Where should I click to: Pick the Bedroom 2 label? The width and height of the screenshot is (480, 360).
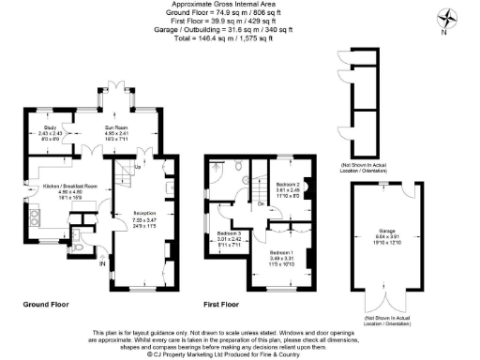tap(285, 185)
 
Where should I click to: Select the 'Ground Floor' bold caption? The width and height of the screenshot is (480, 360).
tap(46, 305)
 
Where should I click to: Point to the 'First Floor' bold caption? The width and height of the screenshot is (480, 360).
tap(221, 305)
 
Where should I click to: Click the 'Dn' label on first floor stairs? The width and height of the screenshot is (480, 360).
tap(260, 202)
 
